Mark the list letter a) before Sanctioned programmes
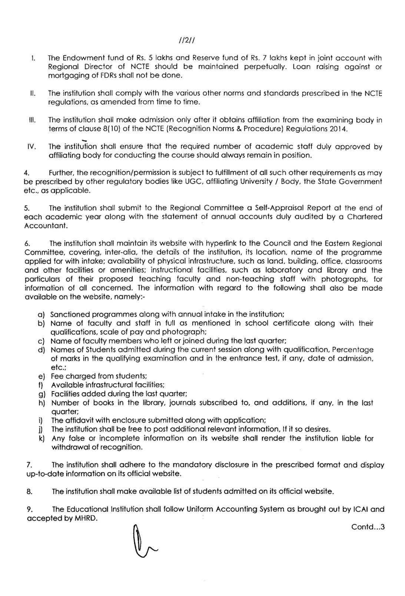tap(41, 314)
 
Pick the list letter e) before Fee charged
tap(41, 376)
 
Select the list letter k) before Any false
tap(41, 438)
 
